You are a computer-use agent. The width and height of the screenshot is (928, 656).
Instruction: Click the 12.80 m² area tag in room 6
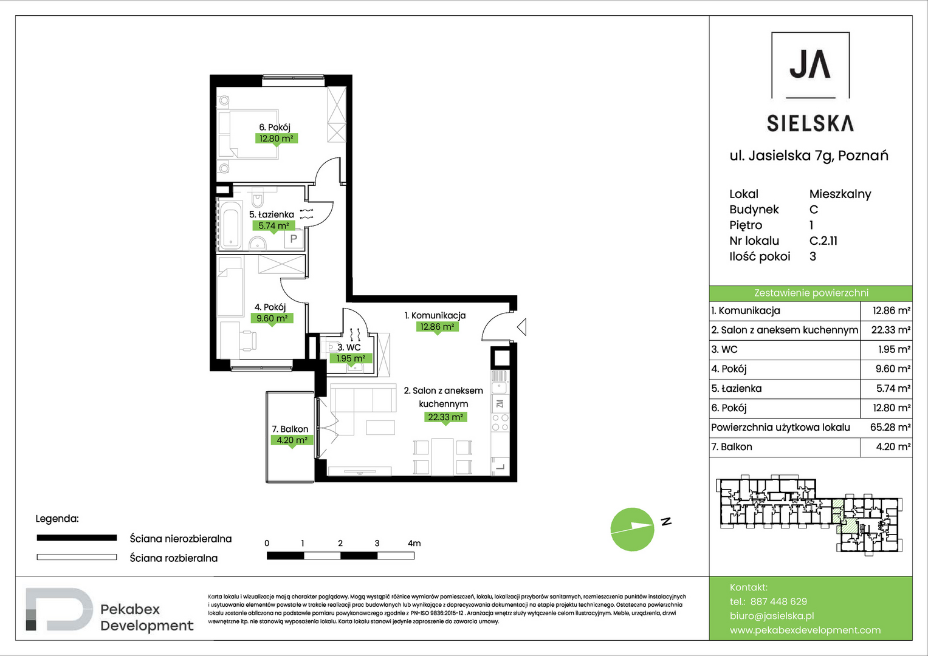(x=276, y=138)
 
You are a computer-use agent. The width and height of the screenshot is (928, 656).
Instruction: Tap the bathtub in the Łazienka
(x=230, y=225)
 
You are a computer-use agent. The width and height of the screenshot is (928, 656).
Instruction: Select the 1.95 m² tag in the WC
(x=351, y=358)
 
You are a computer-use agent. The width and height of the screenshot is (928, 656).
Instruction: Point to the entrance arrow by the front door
(x=522, y=327)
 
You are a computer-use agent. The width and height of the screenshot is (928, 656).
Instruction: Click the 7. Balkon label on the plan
(x=290, y=429)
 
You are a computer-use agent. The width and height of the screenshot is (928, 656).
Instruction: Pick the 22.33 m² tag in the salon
(x=445, y=417)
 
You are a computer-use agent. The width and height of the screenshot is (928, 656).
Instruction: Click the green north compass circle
(x=632, y=529)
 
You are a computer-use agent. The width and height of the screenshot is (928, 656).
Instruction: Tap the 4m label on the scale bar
(x=414, y=543)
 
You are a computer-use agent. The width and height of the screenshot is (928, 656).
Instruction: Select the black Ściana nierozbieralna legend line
(x=77, y=538)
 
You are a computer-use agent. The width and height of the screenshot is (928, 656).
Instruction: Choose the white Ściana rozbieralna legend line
(x=77, y=557)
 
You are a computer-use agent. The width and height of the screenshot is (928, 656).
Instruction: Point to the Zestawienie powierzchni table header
(x=811, y=293)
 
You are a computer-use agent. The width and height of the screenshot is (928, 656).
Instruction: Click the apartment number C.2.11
(x=823, y=241)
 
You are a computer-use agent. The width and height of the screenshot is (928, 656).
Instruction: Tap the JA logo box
(x=810, y=65)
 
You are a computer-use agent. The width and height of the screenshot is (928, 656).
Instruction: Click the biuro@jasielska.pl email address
(x=772, y=616)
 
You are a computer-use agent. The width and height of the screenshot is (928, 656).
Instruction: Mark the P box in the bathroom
(x=294, y=239)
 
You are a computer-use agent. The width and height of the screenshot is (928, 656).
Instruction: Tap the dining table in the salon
(x=442, y=457)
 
